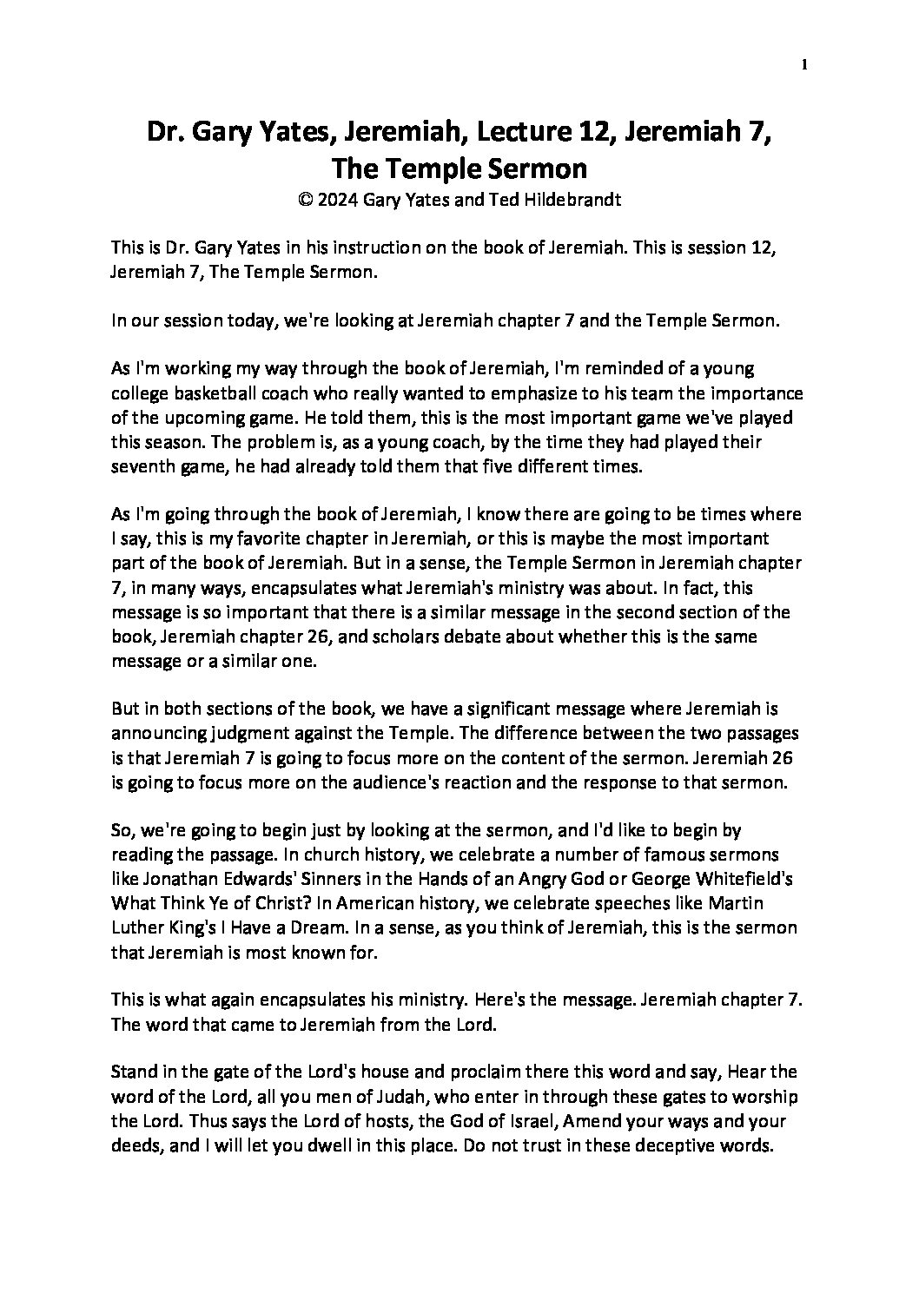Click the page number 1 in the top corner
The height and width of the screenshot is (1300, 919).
805,64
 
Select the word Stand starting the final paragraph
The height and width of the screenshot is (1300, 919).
132,1072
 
